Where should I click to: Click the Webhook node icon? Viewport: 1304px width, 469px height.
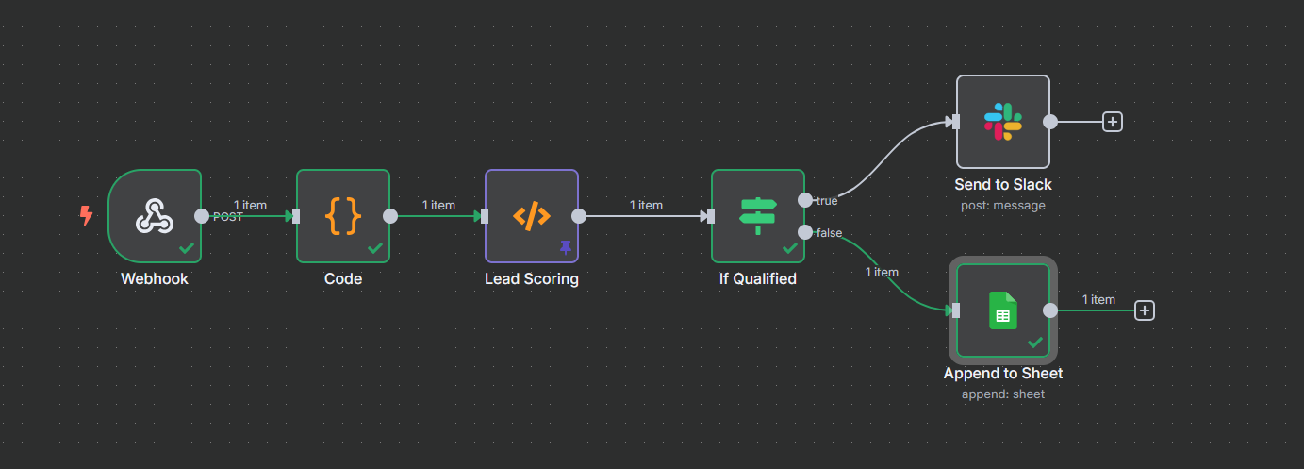click(155, 216)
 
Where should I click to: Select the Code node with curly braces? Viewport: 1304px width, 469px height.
click(343, 216)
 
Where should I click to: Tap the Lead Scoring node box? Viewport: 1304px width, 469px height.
click(532, 216)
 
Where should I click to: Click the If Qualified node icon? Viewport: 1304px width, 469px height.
click(757, 216)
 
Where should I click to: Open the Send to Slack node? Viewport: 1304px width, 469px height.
click(1003, 122)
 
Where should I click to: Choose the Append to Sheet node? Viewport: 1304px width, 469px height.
click(1003, 310)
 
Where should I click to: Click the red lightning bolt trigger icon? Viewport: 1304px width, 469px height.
click(86, 216)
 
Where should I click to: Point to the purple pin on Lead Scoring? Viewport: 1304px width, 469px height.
click(566, 247)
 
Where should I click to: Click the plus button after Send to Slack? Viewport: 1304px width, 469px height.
click(1113, 122)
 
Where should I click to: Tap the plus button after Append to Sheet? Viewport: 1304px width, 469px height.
click(1145, 310)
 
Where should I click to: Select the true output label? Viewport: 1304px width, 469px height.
click(827, 200)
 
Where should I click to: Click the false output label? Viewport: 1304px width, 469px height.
click(830, 232)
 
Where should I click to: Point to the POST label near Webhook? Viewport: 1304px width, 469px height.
click(228, 217)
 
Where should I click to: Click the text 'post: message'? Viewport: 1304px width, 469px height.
click(1003, 205)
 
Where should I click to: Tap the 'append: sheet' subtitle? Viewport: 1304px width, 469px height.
click(1003, 394)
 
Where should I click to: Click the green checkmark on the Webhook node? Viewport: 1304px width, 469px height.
click(187, 248)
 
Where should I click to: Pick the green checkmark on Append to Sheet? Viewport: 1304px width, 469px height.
click(1035, 342)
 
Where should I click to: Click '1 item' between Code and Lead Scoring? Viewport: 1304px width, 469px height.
click(438, 205)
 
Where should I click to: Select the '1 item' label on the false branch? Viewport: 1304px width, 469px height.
click(882, 272)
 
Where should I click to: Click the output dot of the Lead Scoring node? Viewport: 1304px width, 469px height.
click(579, 216)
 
